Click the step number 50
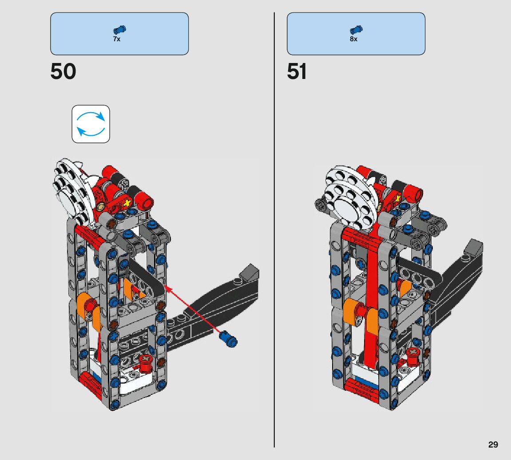tap(63, 71)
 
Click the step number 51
tap(297, 71)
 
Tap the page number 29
tap(493, 444)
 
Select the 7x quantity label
tap(117, 39)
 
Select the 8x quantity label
tap(353, 39)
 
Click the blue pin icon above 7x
tap(119, 30)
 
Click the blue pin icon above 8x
tap(356, 30)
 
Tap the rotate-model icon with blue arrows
tap(91, 124)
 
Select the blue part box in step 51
tap(356, 34)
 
